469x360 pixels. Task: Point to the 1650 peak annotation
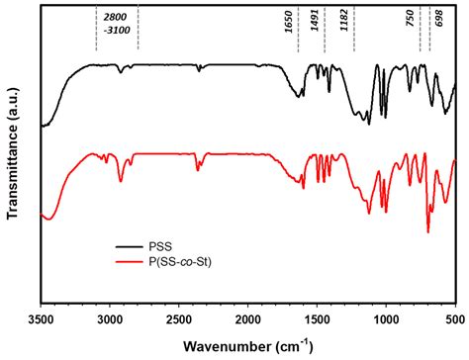point(290,36)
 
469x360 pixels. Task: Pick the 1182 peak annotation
point(344,36)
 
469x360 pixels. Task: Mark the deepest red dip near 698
point(427,230)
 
